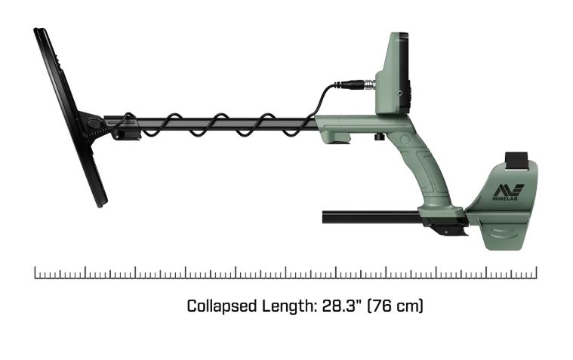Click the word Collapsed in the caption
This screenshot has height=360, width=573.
click(222, 306)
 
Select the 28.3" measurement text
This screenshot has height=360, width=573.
click(341, 306)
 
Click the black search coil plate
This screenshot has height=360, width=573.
click(69, 117)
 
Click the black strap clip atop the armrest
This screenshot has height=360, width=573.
click(516, 162)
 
